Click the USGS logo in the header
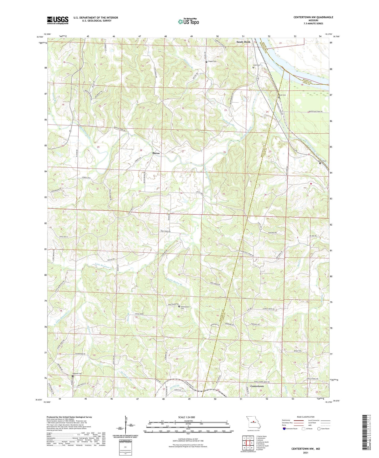click(x=58, y=20)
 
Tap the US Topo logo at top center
click(x=188, y=22)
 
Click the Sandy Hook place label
click(x=243, y=42)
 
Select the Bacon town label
click(x=156, y=153)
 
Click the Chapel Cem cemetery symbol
click(x=206, y=62)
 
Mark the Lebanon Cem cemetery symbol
click(x=73, y=376)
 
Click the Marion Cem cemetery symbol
click(x=320, y=163)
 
